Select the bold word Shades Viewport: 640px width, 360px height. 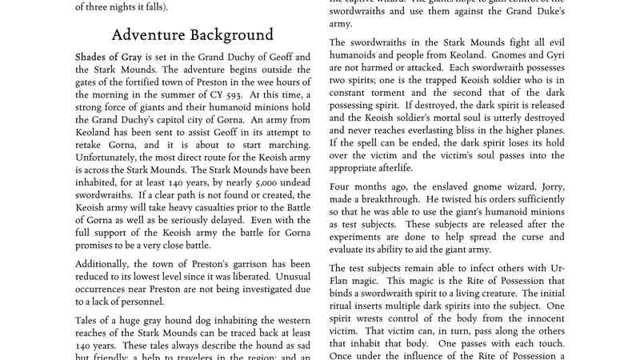click(x=94, y=58)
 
